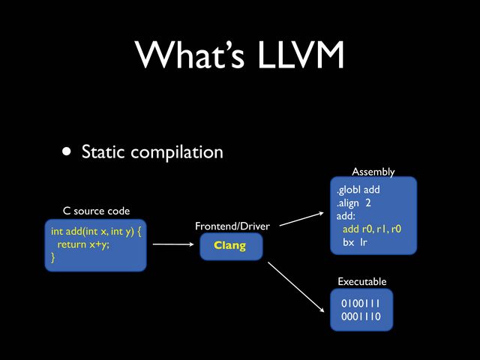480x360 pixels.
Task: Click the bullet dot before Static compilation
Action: click(x=67, y=152)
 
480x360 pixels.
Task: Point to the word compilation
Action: click(x=177, y=153)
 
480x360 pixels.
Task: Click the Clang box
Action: click(x=230, y=246)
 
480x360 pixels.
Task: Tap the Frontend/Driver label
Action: click(x=232, y=226)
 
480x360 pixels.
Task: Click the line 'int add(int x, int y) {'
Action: click(x=97, y=232)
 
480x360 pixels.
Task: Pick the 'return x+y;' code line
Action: click(x=83, y=244)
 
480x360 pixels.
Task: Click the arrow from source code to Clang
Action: click(x=172, y=244)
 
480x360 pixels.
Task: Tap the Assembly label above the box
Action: click(x=373, y=172)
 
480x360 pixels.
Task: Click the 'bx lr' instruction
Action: click(x=355, y=242)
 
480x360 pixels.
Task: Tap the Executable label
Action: click(x=362, y=281)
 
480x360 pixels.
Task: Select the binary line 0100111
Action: click(x=361, y=304)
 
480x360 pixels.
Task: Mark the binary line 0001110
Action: click(x=361, y=316)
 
